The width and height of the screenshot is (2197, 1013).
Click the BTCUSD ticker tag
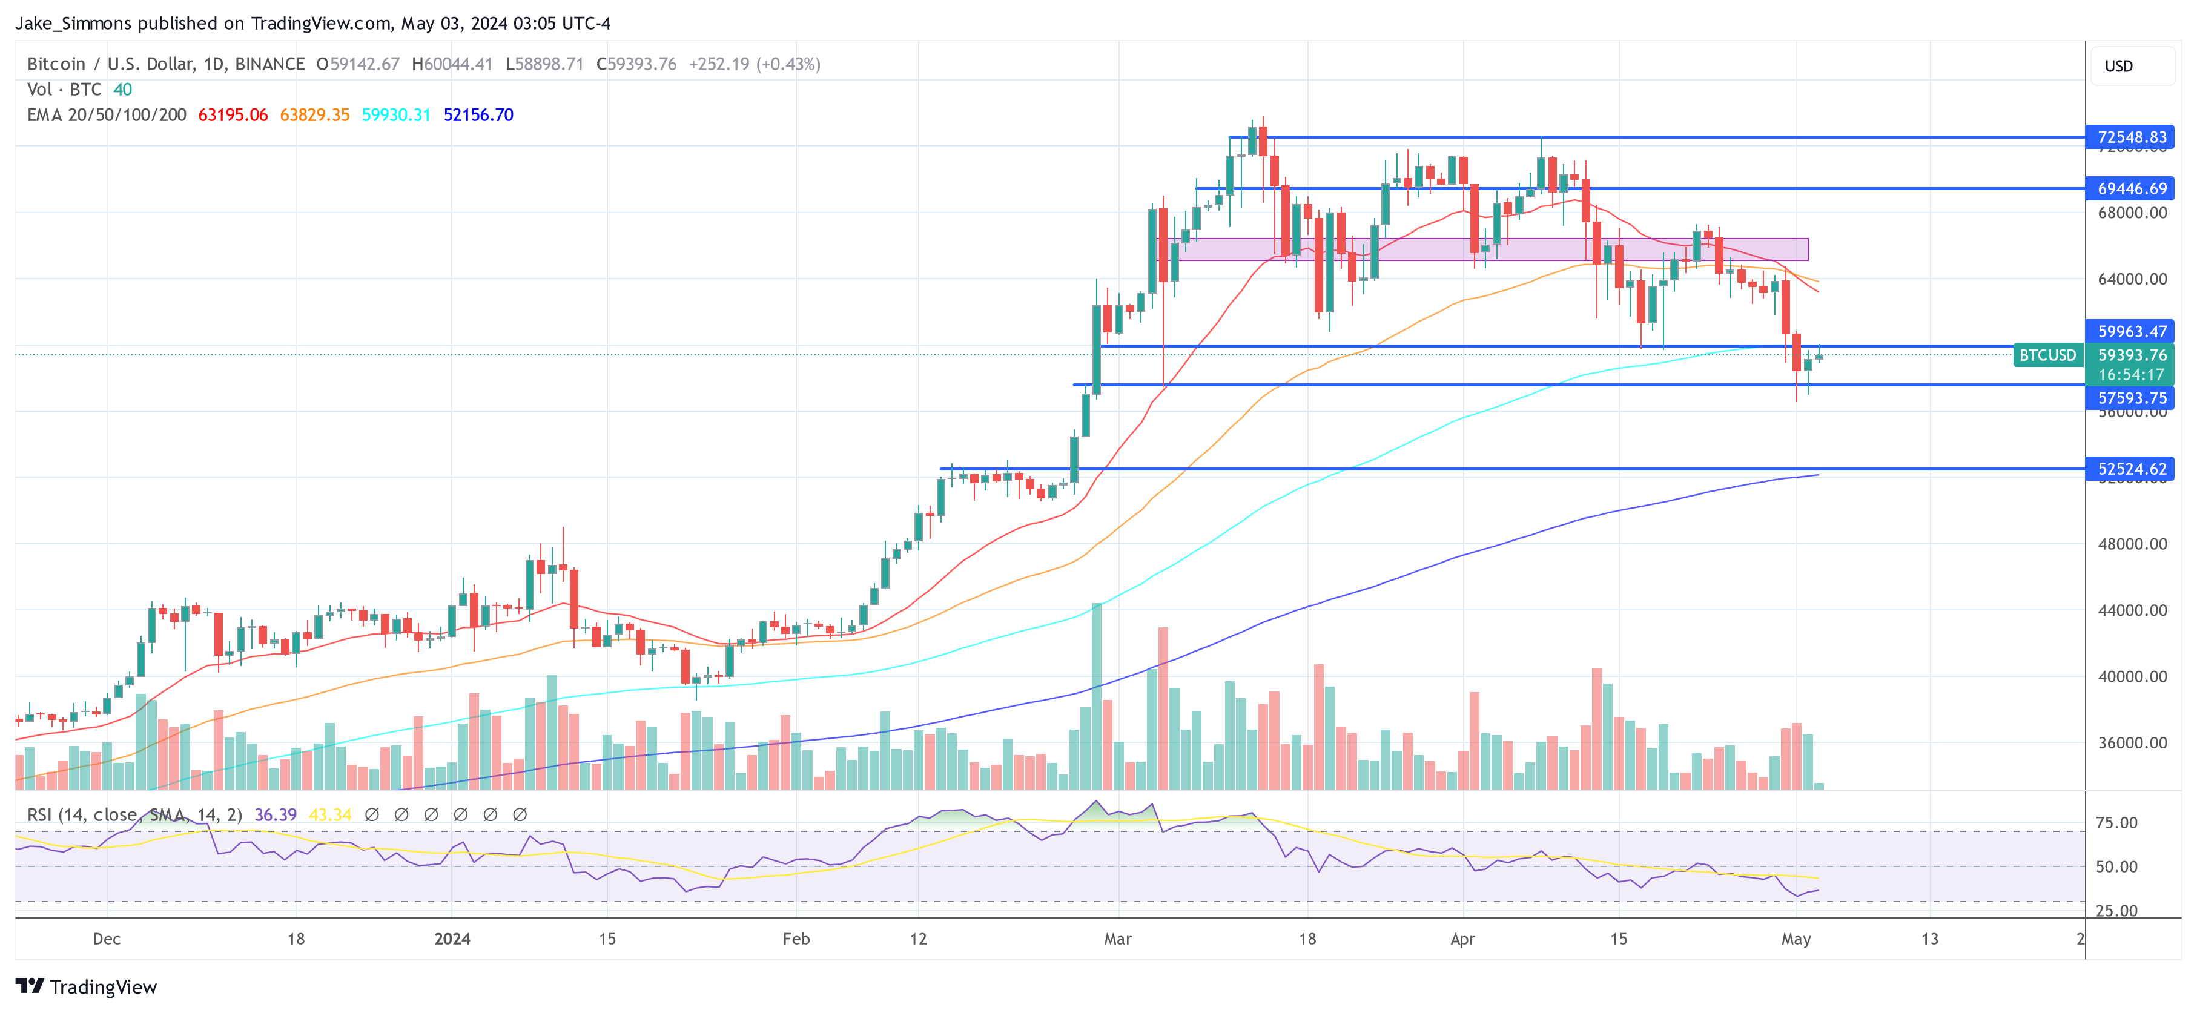(x=2047, y=355)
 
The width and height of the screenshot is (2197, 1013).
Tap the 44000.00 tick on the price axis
(x=2132, y=610)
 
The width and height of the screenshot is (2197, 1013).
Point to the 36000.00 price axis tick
(x=2132, y=743)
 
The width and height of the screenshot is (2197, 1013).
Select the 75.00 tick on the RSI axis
(x=2117, y=823)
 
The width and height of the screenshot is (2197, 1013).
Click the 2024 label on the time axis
(x=452, y=939)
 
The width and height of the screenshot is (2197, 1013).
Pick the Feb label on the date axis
(x=796, y=939)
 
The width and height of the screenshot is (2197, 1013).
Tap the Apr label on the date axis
(x=1462, y=939)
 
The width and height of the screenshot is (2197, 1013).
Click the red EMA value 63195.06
(x=233, y=115)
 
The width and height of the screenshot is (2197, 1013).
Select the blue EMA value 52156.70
(x=478, y=115)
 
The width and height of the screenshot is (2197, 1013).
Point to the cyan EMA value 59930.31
(x=397, y=115)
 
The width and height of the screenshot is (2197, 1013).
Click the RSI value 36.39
(x=276, y=815)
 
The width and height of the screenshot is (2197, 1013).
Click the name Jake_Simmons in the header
(x=73, y=24)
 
